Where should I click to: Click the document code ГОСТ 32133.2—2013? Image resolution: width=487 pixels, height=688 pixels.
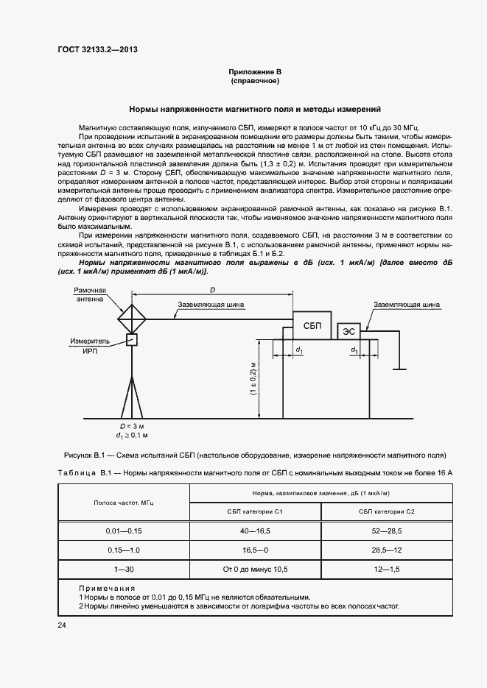pos(98,51)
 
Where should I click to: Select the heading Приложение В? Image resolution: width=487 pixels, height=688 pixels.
pos(255,71)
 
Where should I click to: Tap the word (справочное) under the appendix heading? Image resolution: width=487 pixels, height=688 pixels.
pos(255,81)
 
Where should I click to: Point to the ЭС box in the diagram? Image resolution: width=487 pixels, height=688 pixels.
pos(350,333)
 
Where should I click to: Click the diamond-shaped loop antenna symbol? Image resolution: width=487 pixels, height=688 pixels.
pos(133,319)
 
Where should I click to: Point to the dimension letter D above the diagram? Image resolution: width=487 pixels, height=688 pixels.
pos(212,291)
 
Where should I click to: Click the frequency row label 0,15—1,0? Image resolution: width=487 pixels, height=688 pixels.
pos(123,549)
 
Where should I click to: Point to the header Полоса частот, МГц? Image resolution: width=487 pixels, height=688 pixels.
pos(123,502)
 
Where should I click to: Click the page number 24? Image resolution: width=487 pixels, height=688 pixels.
pos(61,625)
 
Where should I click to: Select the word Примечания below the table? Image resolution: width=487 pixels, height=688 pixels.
pos(107,588)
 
